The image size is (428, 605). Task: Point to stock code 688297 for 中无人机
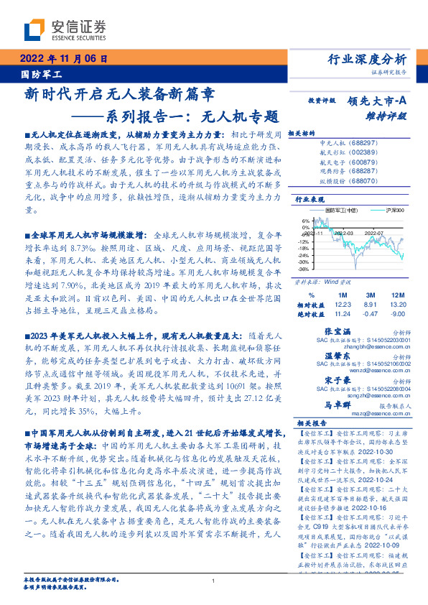tap(383, 144)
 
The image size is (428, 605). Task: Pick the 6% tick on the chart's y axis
tap(304, 221)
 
